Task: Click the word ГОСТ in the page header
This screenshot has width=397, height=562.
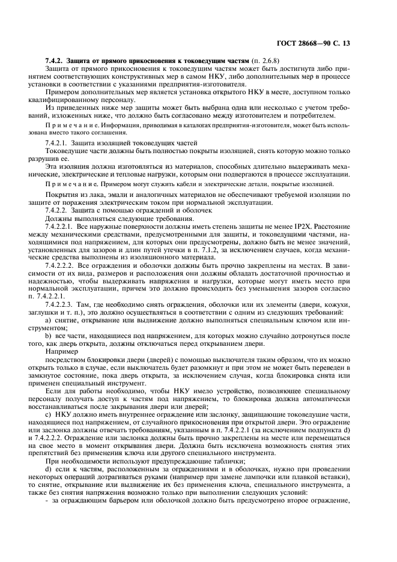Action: pos(303,43)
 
